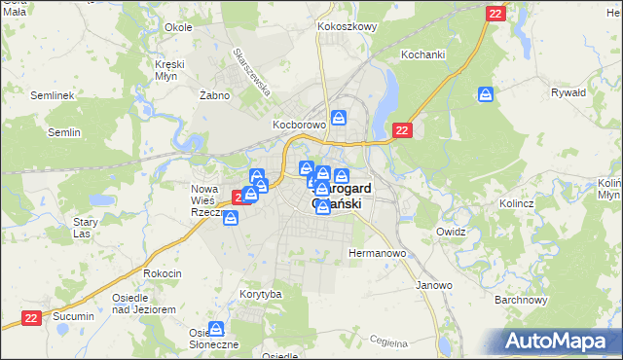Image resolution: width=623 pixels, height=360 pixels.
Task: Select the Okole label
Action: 178,27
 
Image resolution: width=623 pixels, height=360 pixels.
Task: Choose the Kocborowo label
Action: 296,127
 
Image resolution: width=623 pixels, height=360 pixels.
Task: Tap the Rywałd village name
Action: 568,92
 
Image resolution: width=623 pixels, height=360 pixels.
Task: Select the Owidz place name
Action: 452,233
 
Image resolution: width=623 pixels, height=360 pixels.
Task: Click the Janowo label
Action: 434,285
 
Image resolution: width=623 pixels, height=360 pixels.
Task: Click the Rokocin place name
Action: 163,273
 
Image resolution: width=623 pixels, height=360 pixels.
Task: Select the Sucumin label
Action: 74,317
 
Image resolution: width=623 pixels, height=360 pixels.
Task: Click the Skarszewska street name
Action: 250,71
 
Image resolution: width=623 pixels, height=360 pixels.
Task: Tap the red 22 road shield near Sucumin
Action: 32,317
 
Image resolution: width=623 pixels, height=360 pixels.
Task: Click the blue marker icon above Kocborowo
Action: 339,118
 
